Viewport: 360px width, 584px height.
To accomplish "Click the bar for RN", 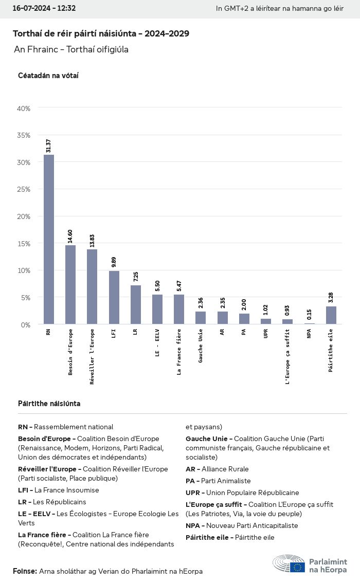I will pyautogui.click(x=49, y=239).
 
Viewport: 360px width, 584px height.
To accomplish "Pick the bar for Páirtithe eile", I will pyautogui.click(x=331, y=315).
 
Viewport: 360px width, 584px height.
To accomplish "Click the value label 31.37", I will pyautogui.click(x=49, y=145).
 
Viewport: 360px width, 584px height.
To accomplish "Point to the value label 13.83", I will pyautogui.click(x=92, y=241).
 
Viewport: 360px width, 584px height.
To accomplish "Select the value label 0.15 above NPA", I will pyautogui.click(x=310, y=315).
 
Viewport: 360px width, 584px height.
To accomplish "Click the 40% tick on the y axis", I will pyautogui.click(x=24, y=108).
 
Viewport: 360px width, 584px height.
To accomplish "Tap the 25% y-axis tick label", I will pyautogui.click(x=24, y=190).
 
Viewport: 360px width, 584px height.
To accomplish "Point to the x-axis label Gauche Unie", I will pyautogui.click(x=201, y=345).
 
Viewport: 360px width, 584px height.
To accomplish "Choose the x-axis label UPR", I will pyautogui.click(x=265, y=334).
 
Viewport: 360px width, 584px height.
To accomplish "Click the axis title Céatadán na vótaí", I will pyautogui.click(x=48, y=76).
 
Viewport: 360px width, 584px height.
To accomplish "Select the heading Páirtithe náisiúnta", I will pyautogui.click(x=49, y=404).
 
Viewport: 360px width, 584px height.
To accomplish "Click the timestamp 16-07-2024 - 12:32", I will pyautogui.click(x=44, y=8).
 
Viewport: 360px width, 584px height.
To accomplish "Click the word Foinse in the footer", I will pyautogui.click(x=24, y=571).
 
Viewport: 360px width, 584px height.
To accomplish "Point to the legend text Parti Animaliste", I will pyautogui.click(x=226, y=481).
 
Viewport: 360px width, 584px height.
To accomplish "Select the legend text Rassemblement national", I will pyautogui.click(x=74, y=427).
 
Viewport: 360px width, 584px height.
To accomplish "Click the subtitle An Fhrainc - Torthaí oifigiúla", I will pyautogui.click(x=71, y=49).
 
